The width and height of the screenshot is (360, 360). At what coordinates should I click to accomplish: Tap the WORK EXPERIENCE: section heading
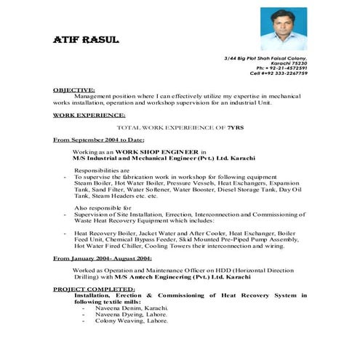(89, 115)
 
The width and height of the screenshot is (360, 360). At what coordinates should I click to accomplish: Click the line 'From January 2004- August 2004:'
(103, 258)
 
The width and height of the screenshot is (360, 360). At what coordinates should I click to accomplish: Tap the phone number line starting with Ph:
(285, 68)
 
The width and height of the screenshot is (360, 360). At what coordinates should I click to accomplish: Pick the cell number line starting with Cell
(279, 73)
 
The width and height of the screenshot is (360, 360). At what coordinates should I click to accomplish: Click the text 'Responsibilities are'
(102, 169)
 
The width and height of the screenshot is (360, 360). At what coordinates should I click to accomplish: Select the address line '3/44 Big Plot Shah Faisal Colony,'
(266, 57)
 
